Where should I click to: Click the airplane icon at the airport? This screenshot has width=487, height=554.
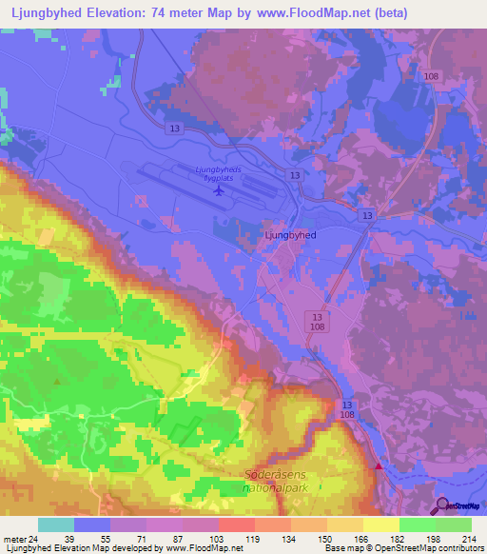[220, 190]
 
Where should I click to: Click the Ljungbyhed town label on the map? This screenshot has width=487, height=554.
[290, 232]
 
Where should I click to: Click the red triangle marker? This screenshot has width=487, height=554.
[380, 466]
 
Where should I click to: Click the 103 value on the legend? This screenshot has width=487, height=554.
[218, 539]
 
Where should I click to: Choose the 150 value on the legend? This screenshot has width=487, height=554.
[326, 539]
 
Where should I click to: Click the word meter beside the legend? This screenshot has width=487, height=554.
[13, 539]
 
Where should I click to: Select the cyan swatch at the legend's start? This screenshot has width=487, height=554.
[56, 524]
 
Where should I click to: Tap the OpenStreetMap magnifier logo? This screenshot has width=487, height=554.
[444, 506]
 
